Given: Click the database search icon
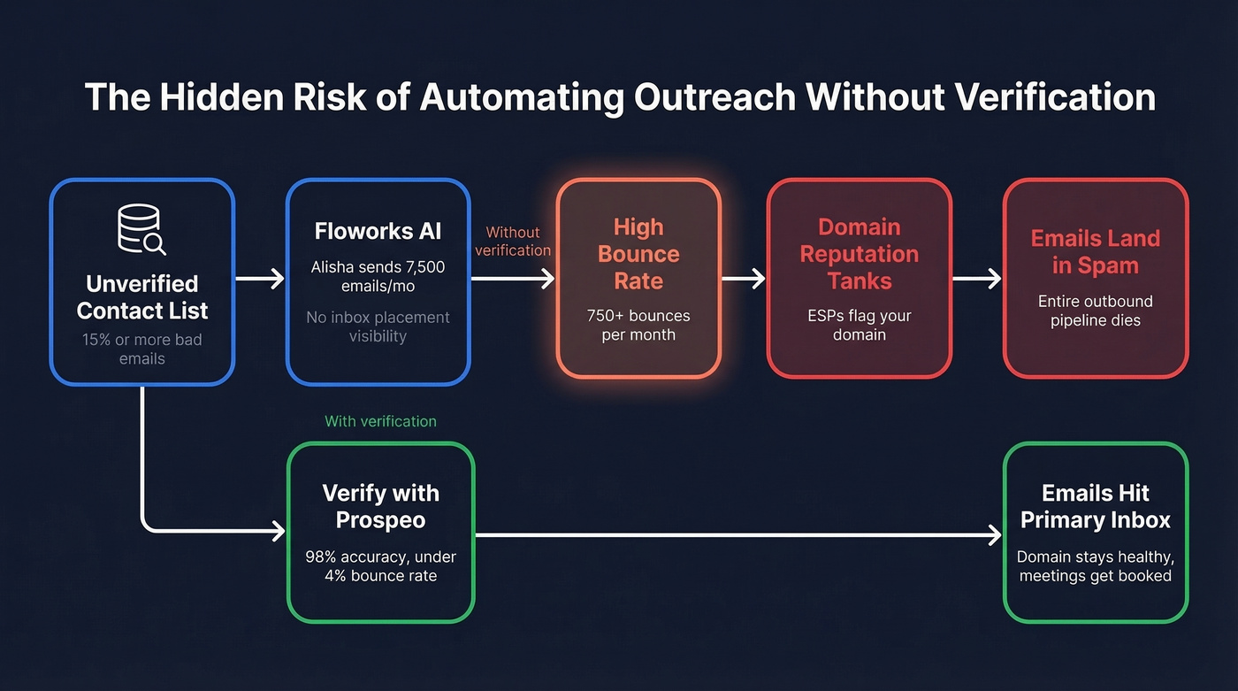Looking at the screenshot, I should (x=141, y=230).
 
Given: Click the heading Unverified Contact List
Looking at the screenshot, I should (x=141, y=297).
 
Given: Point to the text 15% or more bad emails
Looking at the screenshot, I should (x=141, y=349).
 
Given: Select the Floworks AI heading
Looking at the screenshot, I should (x=378, y=232).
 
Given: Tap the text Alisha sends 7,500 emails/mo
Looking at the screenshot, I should (x=378, y=276).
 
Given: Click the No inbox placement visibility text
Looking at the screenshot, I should (x=378, y=326).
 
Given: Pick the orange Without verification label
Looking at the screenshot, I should (x=513, y=241).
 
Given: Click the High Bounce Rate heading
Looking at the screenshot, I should (x=638, y=254).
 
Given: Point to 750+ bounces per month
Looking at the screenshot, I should (x=638, y=325).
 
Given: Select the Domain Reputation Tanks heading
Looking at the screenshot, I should (x=859, y=254).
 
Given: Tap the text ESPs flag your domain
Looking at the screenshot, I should (x=859, y=325).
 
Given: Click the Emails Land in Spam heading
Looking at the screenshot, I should (x=1095, y=252).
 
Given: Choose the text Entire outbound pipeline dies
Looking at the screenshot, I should (x=1095, y=311).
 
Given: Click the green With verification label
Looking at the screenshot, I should (x=380, y=421).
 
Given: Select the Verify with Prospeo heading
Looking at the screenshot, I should (x=380, y=506).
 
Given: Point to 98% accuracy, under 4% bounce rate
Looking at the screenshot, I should (x=380, y=566).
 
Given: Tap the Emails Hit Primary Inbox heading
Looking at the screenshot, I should (x=1095, y=506).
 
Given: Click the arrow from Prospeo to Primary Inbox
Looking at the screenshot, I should (x=738, y=534).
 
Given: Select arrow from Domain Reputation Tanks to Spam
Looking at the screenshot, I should (x=976, y=280).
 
